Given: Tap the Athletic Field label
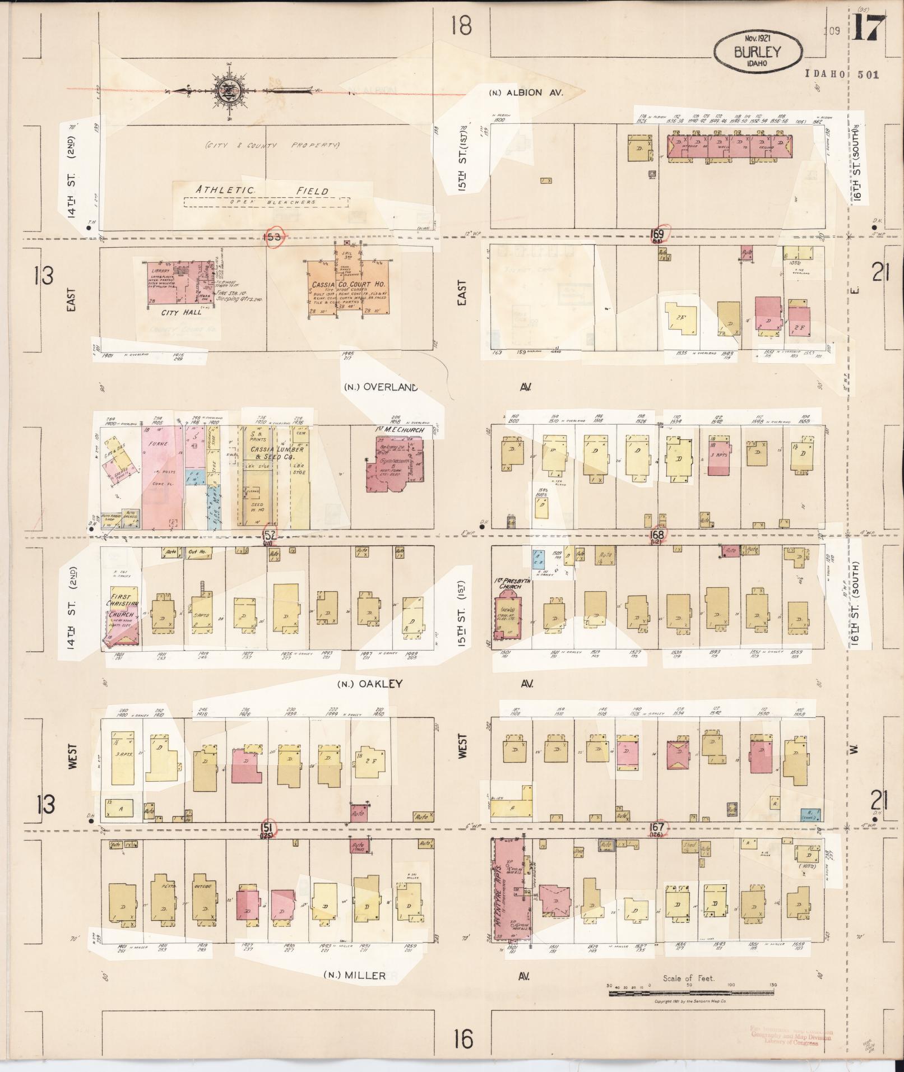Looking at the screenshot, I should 262,190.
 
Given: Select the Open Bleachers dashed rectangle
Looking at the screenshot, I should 267,202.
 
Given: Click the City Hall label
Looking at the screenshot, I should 178,313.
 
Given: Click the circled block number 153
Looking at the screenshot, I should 273,236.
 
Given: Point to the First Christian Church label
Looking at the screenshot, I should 120,605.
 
